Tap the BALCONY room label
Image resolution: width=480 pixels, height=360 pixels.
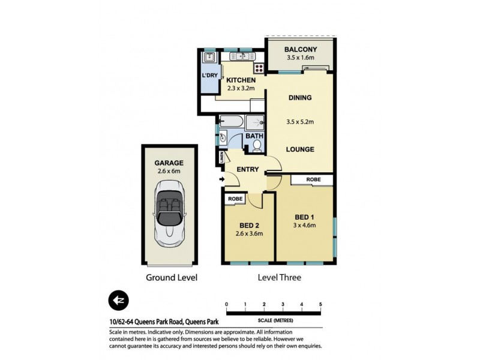pyautogui.click(x=300, y=50)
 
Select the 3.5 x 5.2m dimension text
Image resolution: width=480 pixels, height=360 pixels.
pyautogui.click(x=299, y=122)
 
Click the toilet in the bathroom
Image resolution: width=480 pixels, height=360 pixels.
pyautogui.click(x=256, y=145)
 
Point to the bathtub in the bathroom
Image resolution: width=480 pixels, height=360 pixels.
pyautogui.click(x=230, y=122)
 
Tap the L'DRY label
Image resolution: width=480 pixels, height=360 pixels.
pyautogui.click(x=210, y=75)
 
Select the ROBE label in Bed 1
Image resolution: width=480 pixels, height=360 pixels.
pyautogui.click(x=313, y=179)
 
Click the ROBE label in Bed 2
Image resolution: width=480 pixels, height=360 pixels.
pyautogui.click(x=233, y=199)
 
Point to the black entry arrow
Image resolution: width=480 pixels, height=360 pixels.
pyautogui.click(x=223, y=179)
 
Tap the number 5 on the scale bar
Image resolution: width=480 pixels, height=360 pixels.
pyautogui.click(x=321, y=305)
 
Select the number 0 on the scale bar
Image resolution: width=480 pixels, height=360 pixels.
pyautogui.click(x=227, y=305)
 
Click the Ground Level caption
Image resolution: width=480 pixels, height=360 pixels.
pyautogui.click(x=172, y=278)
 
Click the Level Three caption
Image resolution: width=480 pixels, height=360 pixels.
pyautogui.click(x=279, y=278)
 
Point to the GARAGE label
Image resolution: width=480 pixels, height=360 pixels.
pyautogui.click(x=169, y=163)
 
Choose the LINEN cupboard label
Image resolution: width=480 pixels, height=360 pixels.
pyautogui.click(x=221, y=158)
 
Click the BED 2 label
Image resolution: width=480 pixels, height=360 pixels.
pyautogui.click(x=249, y=226)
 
